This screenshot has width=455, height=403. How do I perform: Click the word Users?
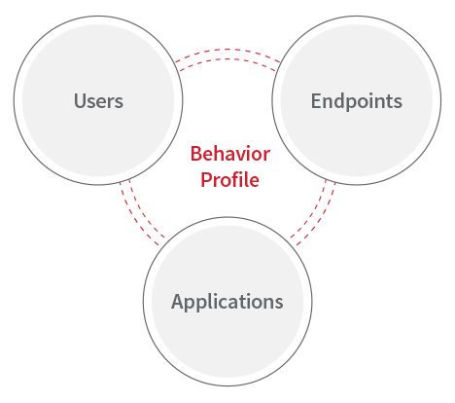98,100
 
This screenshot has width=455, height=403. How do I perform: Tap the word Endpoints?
357,101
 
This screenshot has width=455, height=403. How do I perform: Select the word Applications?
227,303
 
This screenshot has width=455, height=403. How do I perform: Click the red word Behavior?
230,154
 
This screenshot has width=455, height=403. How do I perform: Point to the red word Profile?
229,179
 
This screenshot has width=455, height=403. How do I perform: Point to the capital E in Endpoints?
316,101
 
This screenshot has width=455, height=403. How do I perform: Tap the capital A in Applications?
178,301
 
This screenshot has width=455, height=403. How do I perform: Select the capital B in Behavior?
196,154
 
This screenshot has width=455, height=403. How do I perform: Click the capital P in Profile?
207,179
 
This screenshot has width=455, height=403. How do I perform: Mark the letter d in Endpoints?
341,100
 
